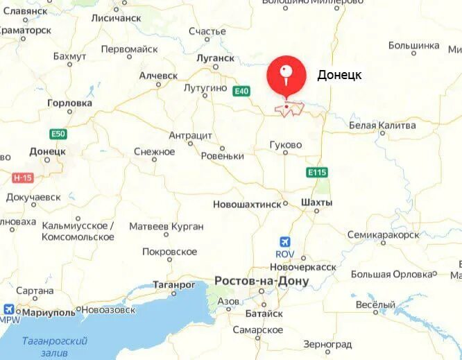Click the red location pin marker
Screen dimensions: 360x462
coord(286,76)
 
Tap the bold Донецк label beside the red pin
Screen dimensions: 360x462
coord(339,75)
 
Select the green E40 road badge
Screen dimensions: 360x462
coord(241,91)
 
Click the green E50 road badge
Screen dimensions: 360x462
coord(58,133)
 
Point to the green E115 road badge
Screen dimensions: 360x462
coord(316,171)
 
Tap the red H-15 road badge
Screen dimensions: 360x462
coord(22,178)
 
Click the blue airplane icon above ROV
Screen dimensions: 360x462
coord(284,241)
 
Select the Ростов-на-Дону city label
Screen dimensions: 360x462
coord(261,281)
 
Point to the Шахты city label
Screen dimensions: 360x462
coord(316,203)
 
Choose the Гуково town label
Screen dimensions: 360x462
coord(286,145)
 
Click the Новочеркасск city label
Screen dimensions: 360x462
coord(302,267)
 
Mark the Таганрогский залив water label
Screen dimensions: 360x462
coord(54,346)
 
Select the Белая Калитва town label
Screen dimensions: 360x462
coord(382,126)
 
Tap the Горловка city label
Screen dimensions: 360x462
coord(69,103)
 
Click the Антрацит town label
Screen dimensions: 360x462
coord(191,135)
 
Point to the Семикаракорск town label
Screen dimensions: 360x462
coord(383,234)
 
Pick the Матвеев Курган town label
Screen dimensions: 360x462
coord(166,226)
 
